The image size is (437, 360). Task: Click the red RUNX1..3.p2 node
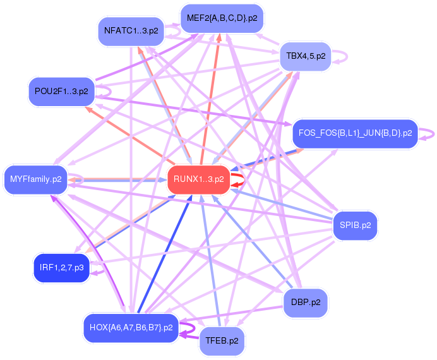coord(198,179)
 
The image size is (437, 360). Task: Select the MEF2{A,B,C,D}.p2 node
coord(222,18)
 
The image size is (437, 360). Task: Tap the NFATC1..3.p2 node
coord(131,30)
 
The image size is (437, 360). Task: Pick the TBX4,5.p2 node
coord(306,56)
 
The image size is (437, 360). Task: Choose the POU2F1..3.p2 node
coord(61,92)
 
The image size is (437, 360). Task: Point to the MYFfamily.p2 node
coord(35,179)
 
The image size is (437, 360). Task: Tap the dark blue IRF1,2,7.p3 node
coord(61,268)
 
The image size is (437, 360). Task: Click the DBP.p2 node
coord(306,302)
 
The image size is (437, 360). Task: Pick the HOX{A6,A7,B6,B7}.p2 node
coord(131,327)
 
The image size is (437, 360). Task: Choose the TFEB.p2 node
coord(222,342)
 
